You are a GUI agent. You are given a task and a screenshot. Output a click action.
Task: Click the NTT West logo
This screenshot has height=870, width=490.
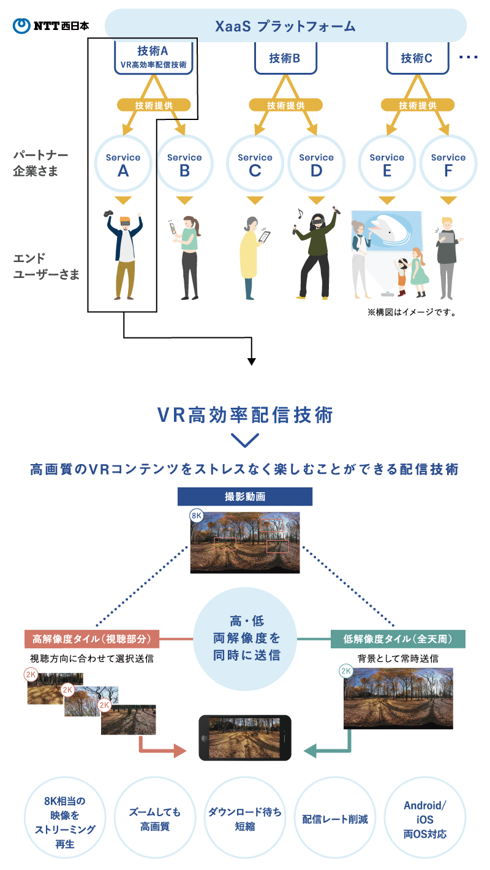tap(51, 26)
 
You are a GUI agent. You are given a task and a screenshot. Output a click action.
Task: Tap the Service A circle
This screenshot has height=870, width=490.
tap(123, 164)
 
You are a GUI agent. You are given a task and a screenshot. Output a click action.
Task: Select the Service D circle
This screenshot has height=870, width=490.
tap(316, 164)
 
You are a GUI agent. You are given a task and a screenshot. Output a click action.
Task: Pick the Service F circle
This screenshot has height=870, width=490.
tap(448, 164)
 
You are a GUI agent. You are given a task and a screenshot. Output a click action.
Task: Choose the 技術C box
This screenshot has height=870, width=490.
tap(417, 59)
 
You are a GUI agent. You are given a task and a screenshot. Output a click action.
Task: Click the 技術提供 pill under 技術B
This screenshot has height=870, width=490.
tap(285, 105)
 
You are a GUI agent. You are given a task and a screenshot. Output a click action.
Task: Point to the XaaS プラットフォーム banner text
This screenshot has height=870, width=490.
tap(285, 26)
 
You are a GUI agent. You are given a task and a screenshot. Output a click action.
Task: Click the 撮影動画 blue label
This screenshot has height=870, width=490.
tap(245, 497)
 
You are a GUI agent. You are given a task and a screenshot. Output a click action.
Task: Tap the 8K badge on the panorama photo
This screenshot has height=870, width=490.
tap(197, 516)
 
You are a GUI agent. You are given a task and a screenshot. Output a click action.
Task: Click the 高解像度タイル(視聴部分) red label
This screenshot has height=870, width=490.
tap(92, 639)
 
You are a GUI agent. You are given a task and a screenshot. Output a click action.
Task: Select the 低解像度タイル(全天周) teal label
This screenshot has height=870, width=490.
tap(398, 639)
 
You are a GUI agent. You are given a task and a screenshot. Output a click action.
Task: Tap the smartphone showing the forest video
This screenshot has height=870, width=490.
tap(245, 738)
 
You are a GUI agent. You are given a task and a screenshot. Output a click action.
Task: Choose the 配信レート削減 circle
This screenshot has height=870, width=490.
tap(335, 819)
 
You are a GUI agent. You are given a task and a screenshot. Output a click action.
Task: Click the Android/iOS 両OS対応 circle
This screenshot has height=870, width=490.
tap(425, 819)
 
